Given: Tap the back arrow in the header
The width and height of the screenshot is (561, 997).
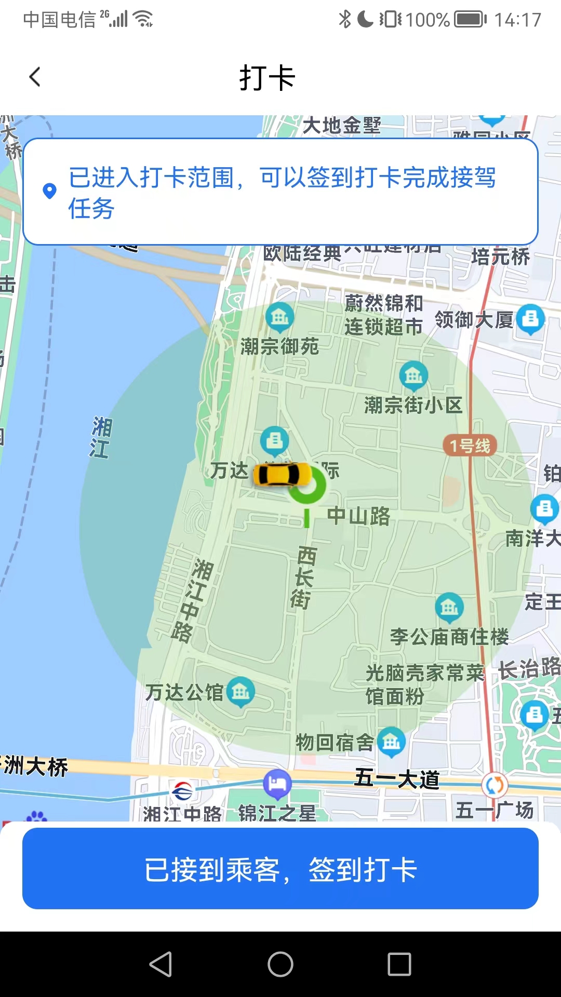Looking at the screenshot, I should [35, 77].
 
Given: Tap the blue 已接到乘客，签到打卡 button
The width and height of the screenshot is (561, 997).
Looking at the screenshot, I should [280, 869].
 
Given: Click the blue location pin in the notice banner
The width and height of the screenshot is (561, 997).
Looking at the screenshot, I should [49, 191].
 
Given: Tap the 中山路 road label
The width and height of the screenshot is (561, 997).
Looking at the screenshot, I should [358, 516].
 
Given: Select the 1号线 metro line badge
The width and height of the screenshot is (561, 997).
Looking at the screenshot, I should [470, 446].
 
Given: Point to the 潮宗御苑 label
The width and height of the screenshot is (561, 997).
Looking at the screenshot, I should [279, 346].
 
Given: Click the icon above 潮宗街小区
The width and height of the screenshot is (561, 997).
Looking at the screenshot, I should [413, 375].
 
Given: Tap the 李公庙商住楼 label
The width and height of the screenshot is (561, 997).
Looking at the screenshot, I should [449, 637].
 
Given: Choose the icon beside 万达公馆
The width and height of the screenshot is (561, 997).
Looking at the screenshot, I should [241, 692].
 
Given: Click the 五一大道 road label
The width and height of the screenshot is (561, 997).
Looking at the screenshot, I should [397, 779].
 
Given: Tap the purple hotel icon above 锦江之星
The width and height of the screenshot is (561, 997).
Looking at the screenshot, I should [277, 783].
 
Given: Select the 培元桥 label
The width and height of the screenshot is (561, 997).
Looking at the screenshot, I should [500, 257].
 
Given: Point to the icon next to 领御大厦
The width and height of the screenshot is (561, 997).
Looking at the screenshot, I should [530, 318].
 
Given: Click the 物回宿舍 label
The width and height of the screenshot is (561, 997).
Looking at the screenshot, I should [335, 743].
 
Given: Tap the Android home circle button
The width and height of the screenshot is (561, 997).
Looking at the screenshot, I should [280, 964].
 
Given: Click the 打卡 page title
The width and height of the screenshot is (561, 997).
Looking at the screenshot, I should [267, 78].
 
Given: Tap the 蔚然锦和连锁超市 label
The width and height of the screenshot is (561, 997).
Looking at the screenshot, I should [383, 315].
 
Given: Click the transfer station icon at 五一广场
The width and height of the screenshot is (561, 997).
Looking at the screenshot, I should [494, 785].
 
